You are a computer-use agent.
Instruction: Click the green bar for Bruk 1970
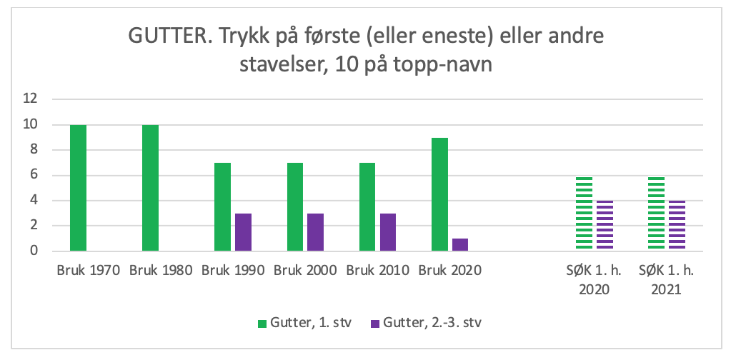pos(78,188)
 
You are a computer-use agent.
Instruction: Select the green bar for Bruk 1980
pos(150,188)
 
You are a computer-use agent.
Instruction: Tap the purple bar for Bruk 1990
pos(243,232)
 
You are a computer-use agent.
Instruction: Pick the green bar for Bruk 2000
pos(295,207)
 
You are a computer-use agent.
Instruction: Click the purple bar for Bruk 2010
pos(388,232)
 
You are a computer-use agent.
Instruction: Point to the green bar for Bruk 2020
pos(439,194)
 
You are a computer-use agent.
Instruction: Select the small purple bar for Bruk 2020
pos(460,244)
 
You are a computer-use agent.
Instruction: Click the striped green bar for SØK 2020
pos(584,213)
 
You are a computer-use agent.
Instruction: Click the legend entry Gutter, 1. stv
pos(304,323)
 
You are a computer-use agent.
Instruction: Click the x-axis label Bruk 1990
pos(233,271)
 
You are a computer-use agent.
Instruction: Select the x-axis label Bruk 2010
pos(377,271)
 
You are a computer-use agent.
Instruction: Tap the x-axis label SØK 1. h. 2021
pos(667,280)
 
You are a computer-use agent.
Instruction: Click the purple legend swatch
pos(374,324)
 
